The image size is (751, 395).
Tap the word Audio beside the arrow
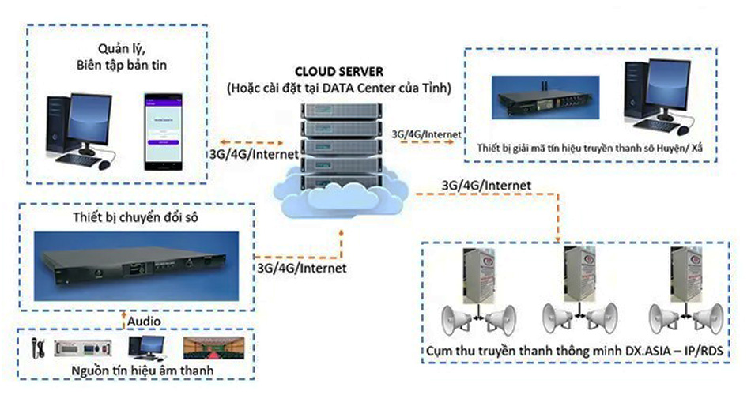pyautogui.click(x=147, y=322)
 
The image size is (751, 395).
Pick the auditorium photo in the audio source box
pyautogui.click(x=209, y=346)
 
